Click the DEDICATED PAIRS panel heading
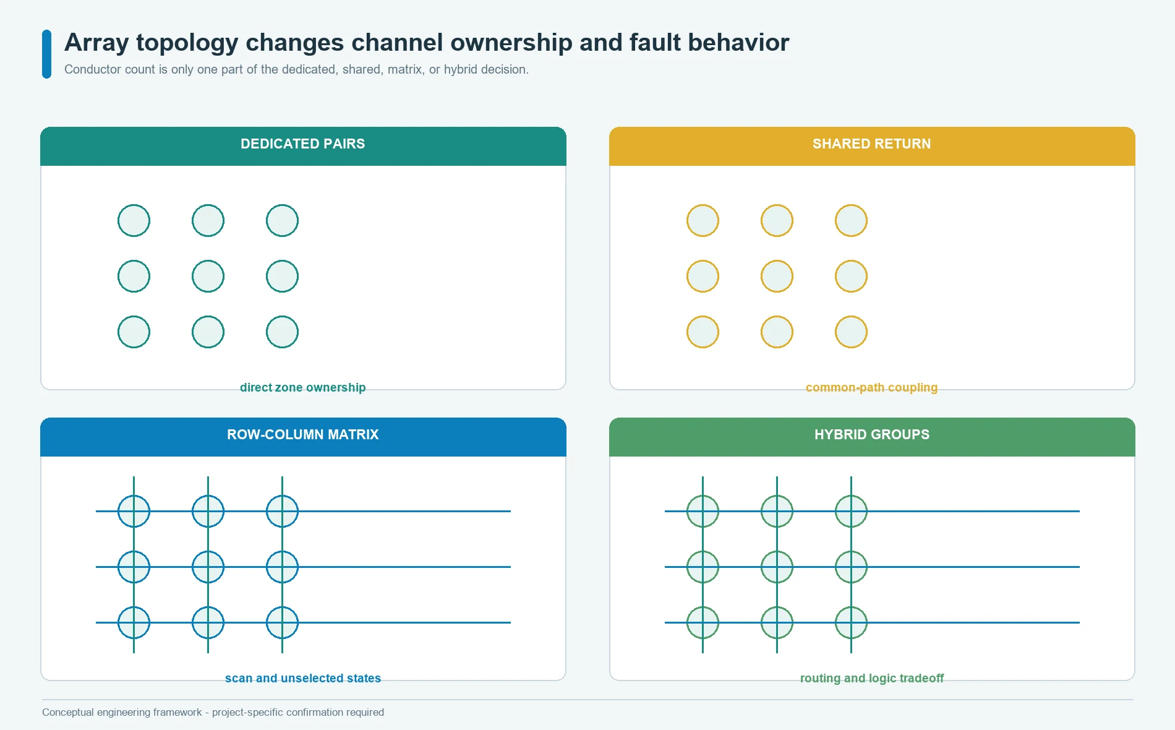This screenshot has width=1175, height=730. coord(302,144)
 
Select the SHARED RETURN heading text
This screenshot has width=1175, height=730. coord(871,144)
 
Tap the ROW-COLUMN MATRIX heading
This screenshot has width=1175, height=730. coord(302,434)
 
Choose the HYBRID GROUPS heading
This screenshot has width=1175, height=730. coord(871,434)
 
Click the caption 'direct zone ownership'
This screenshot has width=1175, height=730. coord(302,387)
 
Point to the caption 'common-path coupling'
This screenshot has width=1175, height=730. coord(871,387)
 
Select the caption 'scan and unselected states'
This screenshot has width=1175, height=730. coord(302,678)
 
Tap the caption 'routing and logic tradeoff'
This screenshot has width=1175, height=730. coord(871,678)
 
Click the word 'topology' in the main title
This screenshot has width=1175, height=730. coord(187,43)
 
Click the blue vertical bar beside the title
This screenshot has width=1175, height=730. coord(46,54)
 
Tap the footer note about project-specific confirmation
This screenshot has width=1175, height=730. coord(213,712)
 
